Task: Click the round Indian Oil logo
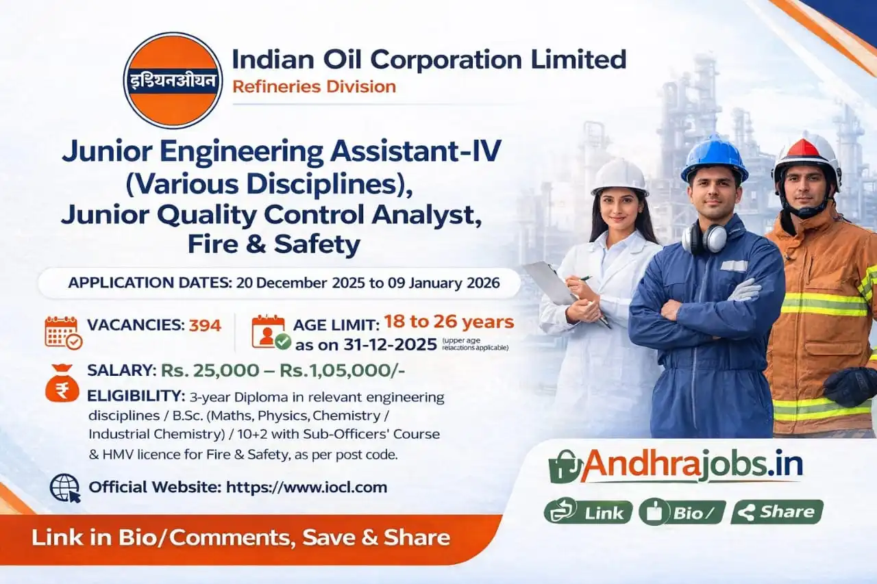tap(173, 80)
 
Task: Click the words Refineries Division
tap(314, 87)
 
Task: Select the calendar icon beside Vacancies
tap(63, 332)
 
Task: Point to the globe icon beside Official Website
tap(65, 488)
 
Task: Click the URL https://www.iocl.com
tap(306, 487)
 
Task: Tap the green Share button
tap(777, 512)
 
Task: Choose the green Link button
tap(588, 512)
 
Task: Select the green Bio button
tap(682, 512)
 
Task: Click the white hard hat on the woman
tap(619, 177)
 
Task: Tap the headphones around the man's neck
tap(704, 238)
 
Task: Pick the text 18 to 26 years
tap(449, 321)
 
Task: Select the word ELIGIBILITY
tap(136, 396)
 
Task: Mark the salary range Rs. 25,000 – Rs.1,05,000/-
tap(282, 370)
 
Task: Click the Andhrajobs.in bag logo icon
tap(566, 466)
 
